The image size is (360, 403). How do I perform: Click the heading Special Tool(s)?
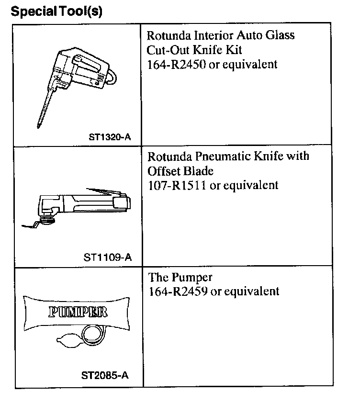click(x=56, y=11)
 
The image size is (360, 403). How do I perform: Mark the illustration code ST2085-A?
click(x=104, y=376)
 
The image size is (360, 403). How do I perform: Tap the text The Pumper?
click(x=180, y=277)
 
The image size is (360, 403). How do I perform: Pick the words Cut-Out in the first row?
click(x=165, y=50)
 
